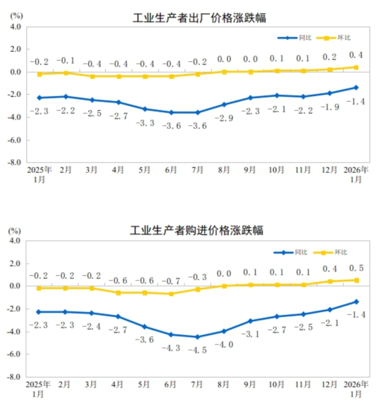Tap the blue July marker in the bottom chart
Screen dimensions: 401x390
(197, 336)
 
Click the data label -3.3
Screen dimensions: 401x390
(145, 123)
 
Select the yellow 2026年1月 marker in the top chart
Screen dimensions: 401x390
(356, 67)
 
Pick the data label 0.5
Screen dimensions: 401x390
(356, 268)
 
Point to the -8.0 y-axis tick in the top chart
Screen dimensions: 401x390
(14, 163)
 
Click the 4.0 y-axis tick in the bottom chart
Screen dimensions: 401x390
(14, 241)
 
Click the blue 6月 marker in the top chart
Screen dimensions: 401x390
(171, 113)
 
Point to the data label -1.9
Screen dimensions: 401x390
(329, 107)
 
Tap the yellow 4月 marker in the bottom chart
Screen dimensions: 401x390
(118, 292)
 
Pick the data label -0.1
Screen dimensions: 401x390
(66, 60)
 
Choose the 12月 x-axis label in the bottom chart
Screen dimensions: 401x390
(329, 385)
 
